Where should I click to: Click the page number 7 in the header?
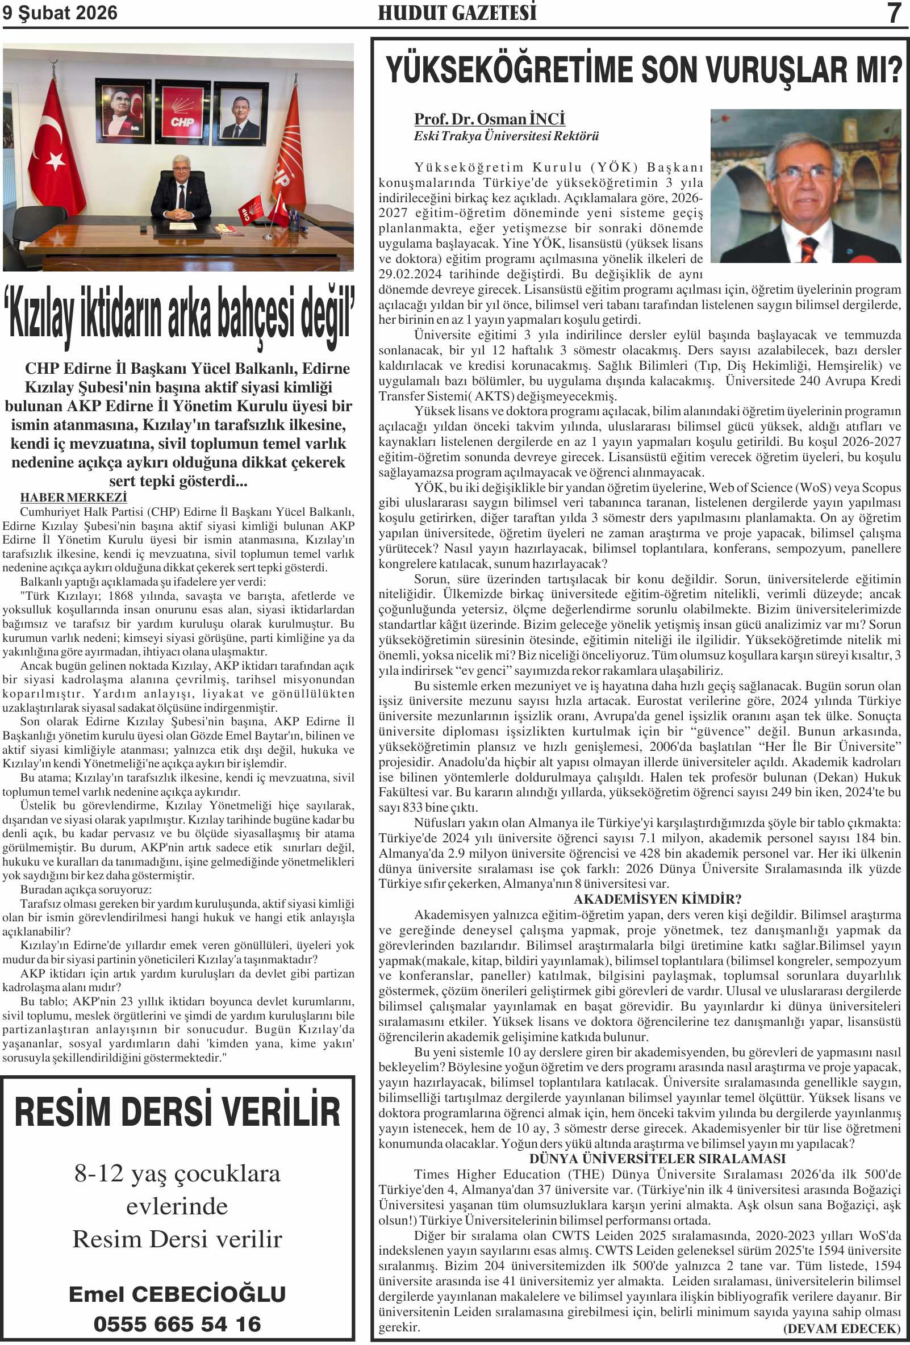[x=894, y=12]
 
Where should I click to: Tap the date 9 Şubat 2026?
[x=60, y=12]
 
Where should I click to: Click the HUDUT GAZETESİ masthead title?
[x=457, y=12]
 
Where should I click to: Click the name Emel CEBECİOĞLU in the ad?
[x=177, y=1293]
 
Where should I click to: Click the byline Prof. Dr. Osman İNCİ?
[x=489, y=119]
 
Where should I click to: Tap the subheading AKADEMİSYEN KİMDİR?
[x=658, y=899]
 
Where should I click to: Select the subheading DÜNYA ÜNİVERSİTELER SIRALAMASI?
[x=658, y=1159]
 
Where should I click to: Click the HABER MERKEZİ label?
[x=73, y=497]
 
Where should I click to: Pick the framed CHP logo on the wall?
[x=182, y=113]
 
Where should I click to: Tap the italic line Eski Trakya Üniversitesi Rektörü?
[x=506, y=136]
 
